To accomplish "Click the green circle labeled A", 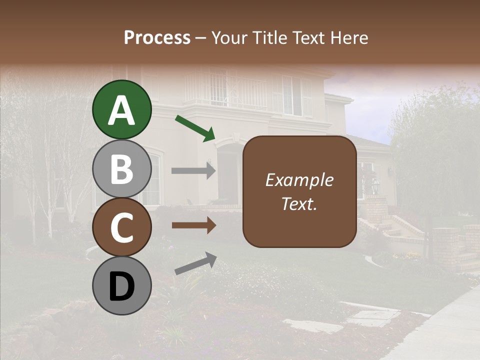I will tap(121, 109).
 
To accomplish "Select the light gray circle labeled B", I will tap(121, 168).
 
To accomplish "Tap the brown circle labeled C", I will tap(121, 227).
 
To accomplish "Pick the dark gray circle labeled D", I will tap(121, 285).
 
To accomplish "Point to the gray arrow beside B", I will tap(193, 171).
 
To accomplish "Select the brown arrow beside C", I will tap(193, 225).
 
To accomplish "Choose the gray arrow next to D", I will tap(195, 264).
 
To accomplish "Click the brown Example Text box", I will tap(299, 191).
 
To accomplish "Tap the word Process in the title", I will tap(157, 37).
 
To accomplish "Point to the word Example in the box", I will tap(299, 180).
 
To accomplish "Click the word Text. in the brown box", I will tap(299, 204).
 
